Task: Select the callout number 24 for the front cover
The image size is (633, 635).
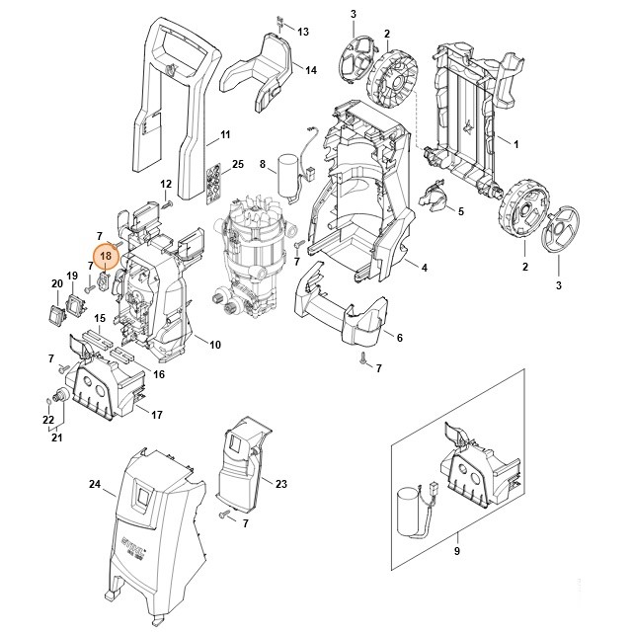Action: tap(95, 484)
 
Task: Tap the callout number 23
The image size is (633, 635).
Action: tap(281, 484)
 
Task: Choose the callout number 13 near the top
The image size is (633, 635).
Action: tap(303, 32)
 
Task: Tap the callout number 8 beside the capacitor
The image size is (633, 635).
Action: tap(263, 164)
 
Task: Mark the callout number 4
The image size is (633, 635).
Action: tap(424, 268)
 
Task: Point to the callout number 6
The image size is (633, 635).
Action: tap(399, 338)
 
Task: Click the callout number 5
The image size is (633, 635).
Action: tap(460, 210)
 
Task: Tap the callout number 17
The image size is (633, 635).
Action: tap(156, 414)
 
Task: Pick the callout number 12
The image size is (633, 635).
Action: tap(166, 184)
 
